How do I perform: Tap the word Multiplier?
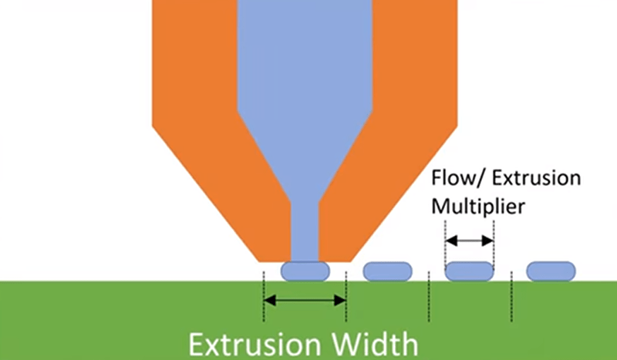pos(478,207)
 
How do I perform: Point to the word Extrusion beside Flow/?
pos(531,179)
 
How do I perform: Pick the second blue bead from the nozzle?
pos(387,271)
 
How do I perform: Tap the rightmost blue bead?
pos(551,271)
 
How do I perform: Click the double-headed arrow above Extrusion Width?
pos(305,300)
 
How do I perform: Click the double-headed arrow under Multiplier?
pos(469,241)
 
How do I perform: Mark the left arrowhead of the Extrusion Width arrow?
pos(268,300)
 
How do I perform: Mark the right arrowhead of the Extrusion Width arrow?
pos(341,300)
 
